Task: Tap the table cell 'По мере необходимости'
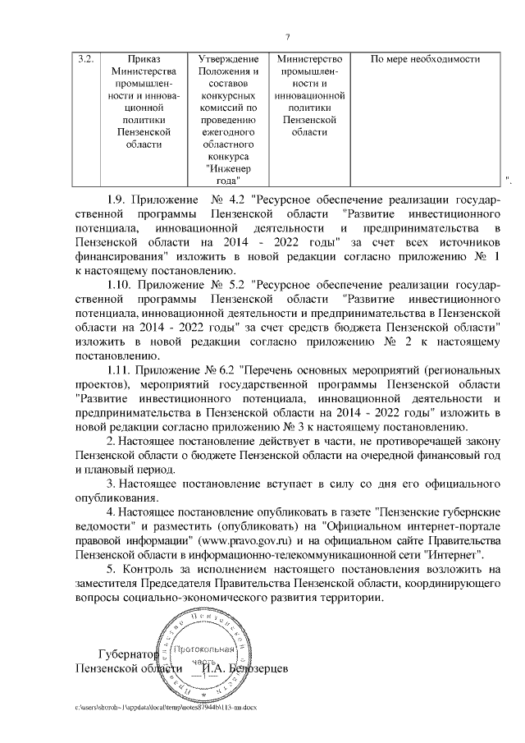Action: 425,60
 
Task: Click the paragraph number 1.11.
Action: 122,369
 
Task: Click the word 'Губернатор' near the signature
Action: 126,655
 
